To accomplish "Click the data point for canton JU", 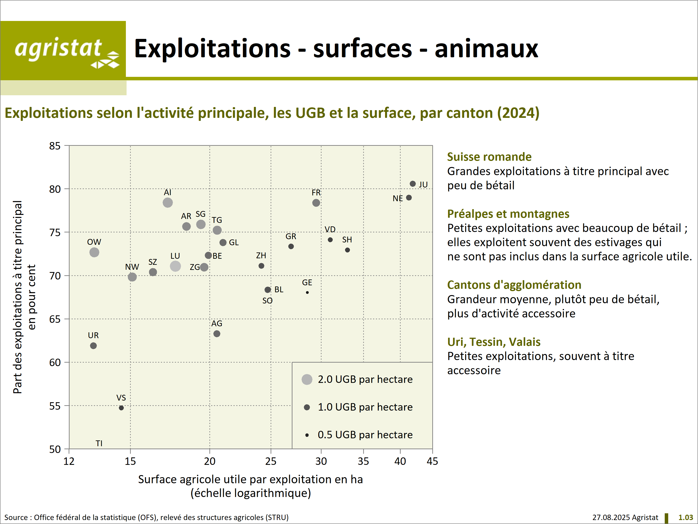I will (413, 184).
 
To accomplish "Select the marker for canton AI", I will (168, 202).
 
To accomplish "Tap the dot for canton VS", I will (121, 408).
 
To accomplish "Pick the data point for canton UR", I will (93, 346).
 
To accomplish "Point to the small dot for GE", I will (307, 293).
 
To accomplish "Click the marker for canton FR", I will (316, 203).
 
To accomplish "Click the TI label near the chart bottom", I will (99, 443).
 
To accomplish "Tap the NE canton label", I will (398, 198).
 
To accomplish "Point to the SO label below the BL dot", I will (267, 301).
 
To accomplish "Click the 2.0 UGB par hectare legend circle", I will (307, 379).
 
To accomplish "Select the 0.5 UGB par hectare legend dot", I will (307, 435).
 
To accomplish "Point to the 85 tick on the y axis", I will (55, 146).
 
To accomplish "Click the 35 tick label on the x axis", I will (363, 461).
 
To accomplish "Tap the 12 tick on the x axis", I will (69, 461).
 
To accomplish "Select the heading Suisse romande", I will (489, 157).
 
